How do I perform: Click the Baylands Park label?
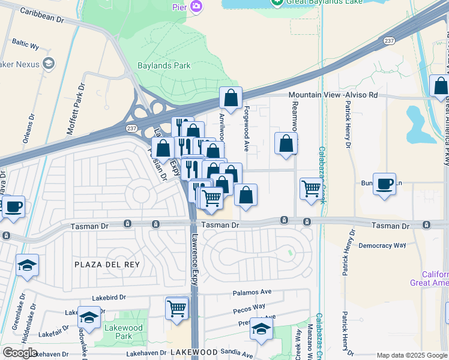click(164, 65)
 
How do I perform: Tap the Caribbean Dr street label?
click(42, 16)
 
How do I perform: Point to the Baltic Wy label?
click(26, 45)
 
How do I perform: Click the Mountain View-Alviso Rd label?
click(333, 95)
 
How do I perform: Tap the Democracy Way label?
click(382, 245)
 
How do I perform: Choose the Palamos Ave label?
click(252, 292)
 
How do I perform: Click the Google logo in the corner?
click(20, 352)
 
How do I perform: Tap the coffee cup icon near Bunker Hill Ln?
click(384, 184)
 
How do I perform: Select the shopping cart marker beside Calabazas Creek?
click(311, 188)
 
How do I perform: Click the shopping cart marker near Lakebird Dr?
click(177, 308)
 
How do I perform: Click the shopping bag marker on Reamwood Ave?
click(286, 143)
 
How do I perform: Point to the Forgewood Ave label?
click(246, 128)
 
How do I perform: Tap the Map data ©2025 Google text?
click(411, 355)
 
